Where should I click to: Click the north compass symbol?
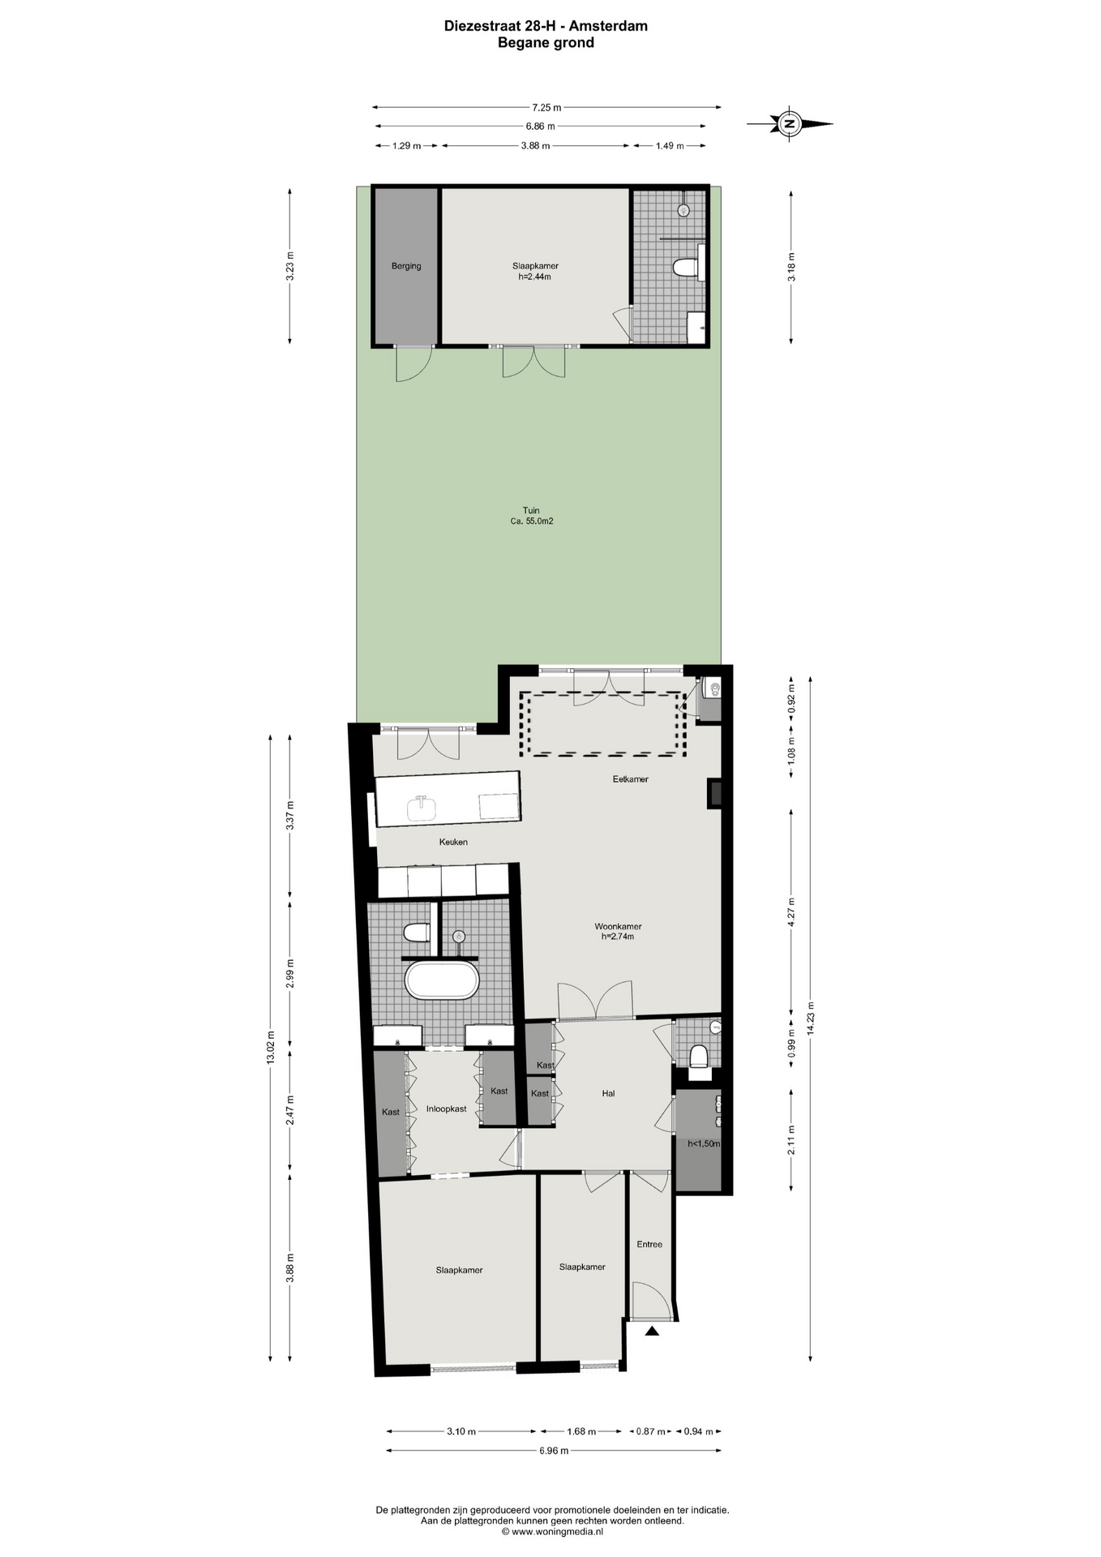click(790, 124)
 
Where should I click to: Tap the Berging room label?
click(406, 266)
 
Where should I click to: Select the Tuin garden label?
click(531, 511)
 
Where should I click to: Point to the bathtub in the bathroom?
click(442, 980)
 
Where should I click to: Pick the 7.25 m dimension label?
click(546, 107)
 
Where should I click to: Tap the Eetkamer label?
click(630, 779)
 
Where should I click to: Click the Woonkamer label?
click(618, 926)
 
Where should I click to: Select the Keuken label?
click(453, 842)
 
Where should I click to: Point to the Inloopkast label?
click(447, 1109)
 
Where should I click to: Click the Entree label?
click(649, 1244)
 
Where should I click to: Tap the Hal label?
click(608, 1093)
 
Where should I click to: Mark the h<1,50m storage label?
click(704, 1143)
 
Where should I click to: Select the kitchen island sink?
click(422, 809)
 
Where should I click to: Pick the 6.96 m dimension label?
click(554, 1451)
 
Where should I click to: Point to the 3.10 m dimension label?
click(461, 1431)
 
